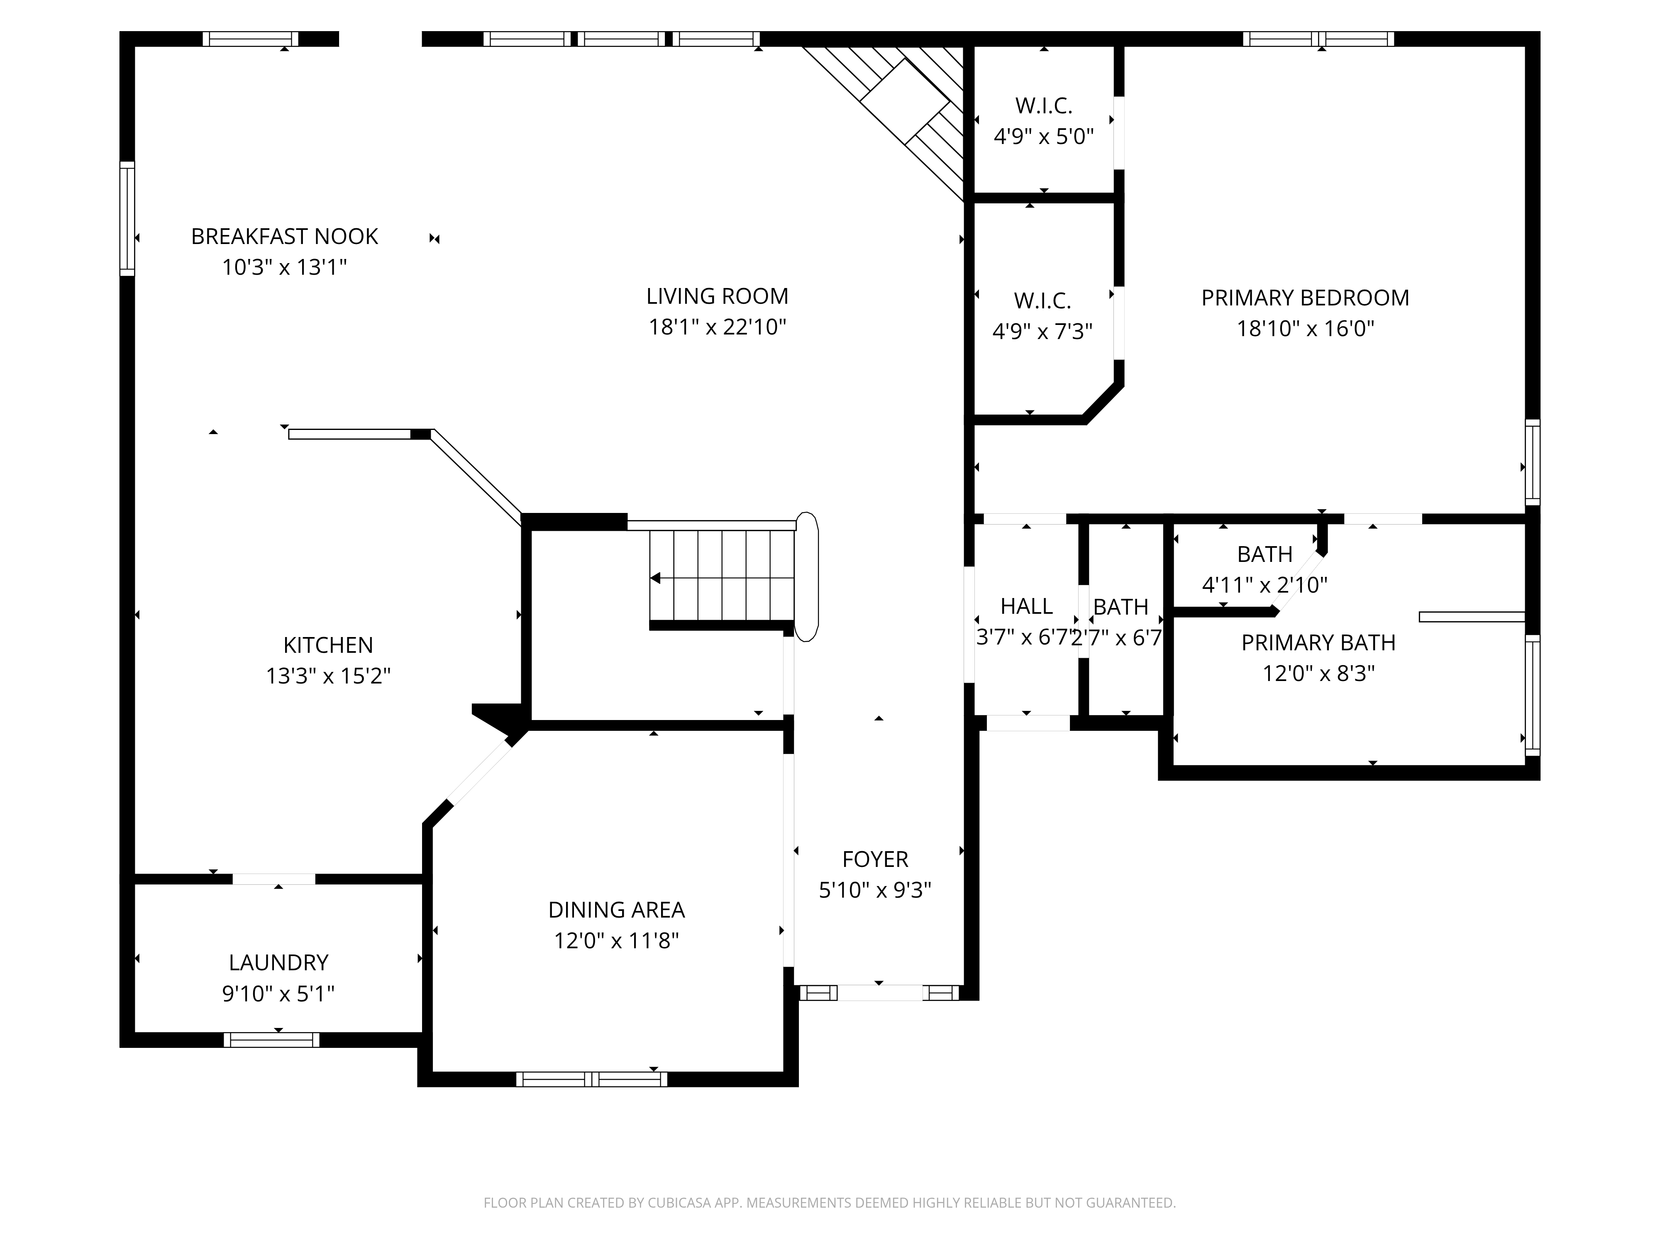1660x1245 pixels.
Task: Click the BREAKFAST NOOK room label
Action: (x=284, y=237)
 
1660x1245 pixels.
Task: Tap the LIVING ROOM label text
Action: (x=718, y=296)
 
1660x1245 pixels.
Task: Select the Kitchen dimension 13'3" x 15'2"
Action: (x=328, y=676)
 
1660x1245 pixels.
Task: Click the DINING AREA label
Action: (x=616, y=910)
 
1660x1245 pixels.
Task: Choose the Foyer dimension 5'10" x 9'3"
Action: (x=875, y=890)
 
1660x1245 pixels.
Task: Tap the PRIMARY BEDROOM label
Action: (x=1305, y=298)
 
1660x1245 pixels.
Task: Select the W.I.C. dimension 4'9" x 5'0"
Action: (x=1044, y=137)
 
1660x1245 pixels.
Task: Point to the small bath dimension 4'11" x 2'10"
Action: (x=1265, y=585)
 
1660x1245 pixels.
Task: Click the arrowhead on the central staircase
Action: (x=655, y=578)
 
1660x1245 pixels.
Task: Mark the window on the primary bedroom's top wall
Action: (x=1318, y=39)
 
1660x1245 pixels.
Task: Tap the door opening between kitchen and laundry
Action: (x=274, y=879)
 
